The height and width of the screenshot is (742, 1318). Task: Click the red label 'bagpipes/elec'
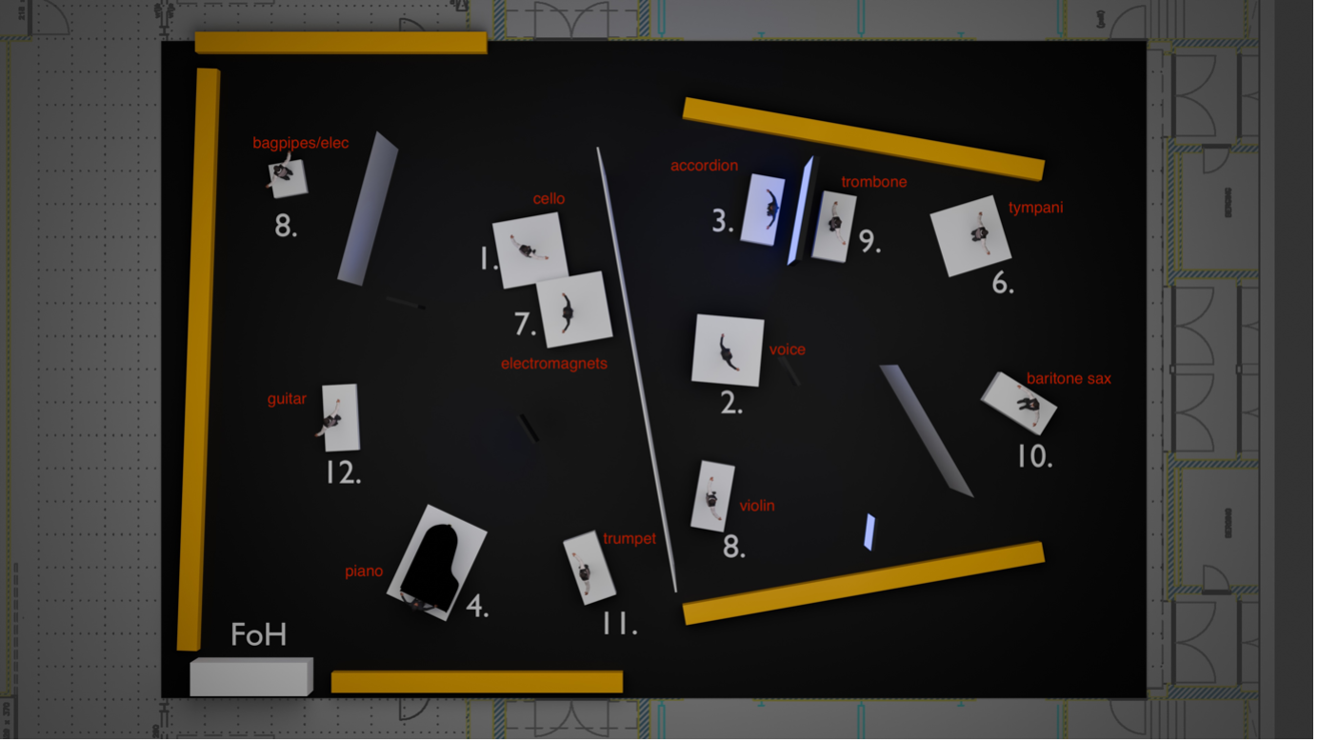click(x=301, y=143)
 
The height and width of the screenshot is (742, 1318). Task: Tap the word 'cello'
click(x=549, y=198)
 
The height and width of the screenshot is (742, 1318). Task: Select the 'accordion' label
click(x=704, y=166)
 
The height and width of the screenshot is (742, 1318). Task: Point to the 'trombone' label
click(x=874, y=182)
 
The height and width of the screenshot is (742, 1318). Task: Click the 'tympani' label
click(x=1035, y=208)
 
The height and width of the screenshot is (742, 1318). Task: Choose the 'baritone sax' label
click(x=1068, y=378)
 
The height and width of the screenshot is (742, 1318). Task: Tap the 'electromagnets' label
click(x=553, y=364)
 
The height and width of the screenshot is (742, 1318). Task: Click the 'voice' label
click(x=787, y=350)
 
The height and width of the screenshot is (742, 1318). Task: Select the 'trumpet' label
click(x=629, y=538)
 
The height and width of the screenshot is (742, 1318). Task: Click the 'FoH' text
click(x=258, y=634)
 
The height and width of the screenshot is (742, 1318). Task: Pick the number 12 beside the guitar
click(x=343, y=471)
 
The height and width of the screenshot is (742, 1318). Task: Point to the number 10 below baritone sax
click(x=1035, y=456)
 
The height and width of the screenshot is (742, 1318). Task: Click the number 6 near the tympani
click(x=1002, y=283)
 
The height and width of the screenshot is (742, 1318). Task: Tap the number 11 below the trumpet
click(x=620, y=623)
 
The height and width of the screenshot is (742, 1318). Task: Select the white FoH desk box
click(x=251, y=676)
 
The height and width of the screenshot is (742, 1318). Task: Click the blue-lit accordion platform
click(x=763, y=210)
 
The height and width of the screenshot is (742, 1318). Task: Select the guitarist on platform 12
click(x=330, y=419)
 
